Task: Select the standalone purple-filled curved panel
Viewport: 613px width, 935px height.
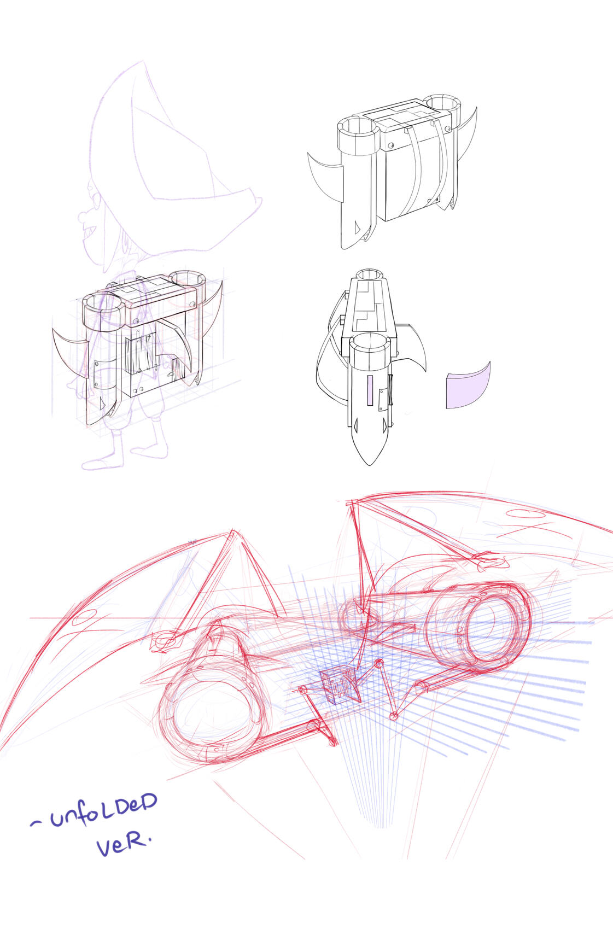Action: (x=468, y=385)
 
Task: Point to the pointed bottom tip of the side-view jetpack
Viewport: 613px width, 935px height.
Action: (x=369, y=464)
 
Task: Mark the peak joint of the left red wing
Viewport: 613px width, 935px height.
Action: (x=231, y=533)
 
